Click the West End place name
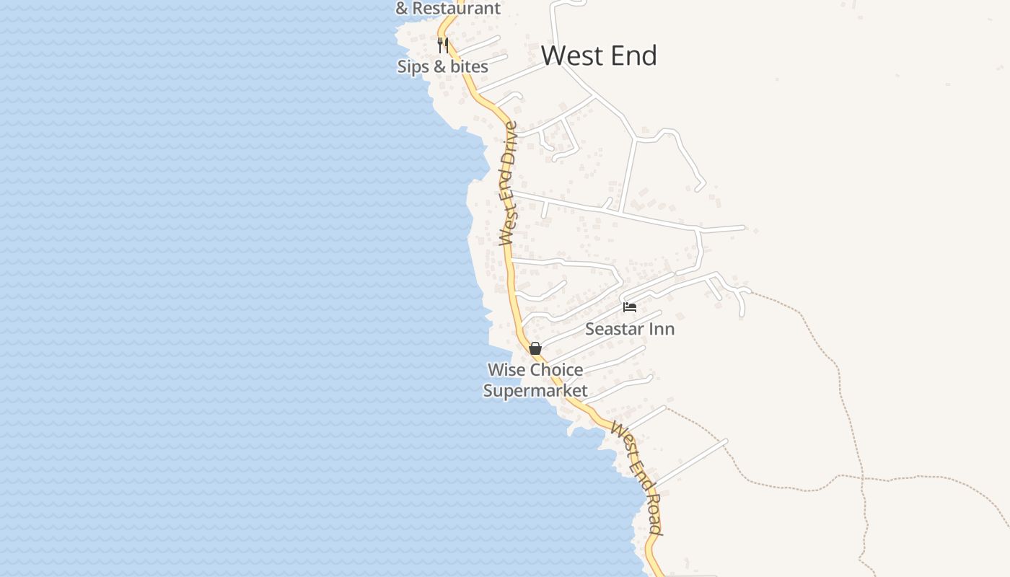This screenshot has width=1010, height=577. [599, 56]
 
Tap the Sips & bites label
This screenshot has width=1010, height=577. [442, 66]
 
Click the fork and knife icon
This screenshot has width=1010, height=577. [443, 45]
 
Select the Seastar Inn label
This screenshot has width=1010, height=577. [630, 329]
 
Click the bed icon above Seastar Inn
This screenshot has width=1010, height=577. [630, 307]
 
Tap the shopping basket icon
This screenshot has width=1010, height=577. [535, 348]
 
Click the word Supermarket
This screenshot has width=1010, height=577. [535, 391]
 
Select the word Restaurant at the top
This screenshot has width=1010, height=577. [457, 9]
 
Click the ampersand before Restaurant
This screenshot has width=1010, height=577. [402, 9]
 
